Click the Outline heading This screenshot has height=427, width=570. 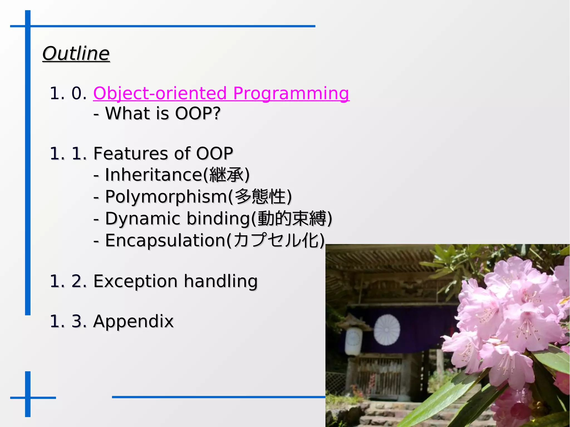coord(76,53)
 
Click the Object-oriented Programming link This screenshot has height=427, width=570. coord(221,93)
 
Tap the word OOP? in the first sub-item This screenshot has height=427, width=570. coord(197,113)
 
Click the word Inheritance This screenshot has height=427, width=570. coord(153,175)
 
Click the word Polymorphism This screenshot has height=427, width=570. coord(166,197)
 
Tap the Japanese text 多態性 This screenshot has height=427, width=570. coord(260,197)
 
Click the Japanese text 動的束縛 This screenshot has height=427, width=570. coord(292,219)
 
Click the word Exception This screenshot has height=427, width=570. coord(135,281)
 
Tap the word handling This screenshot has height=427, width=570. coord(221,281)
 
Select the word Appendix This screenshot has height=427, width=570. coord(133,321)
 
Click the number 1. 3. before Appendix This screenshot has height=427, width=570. coord(68,321)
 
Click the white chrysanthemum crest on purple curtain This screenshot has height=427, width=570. coord(387,330)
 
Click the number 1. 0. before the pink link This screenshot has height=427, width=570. coord(68,93)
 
